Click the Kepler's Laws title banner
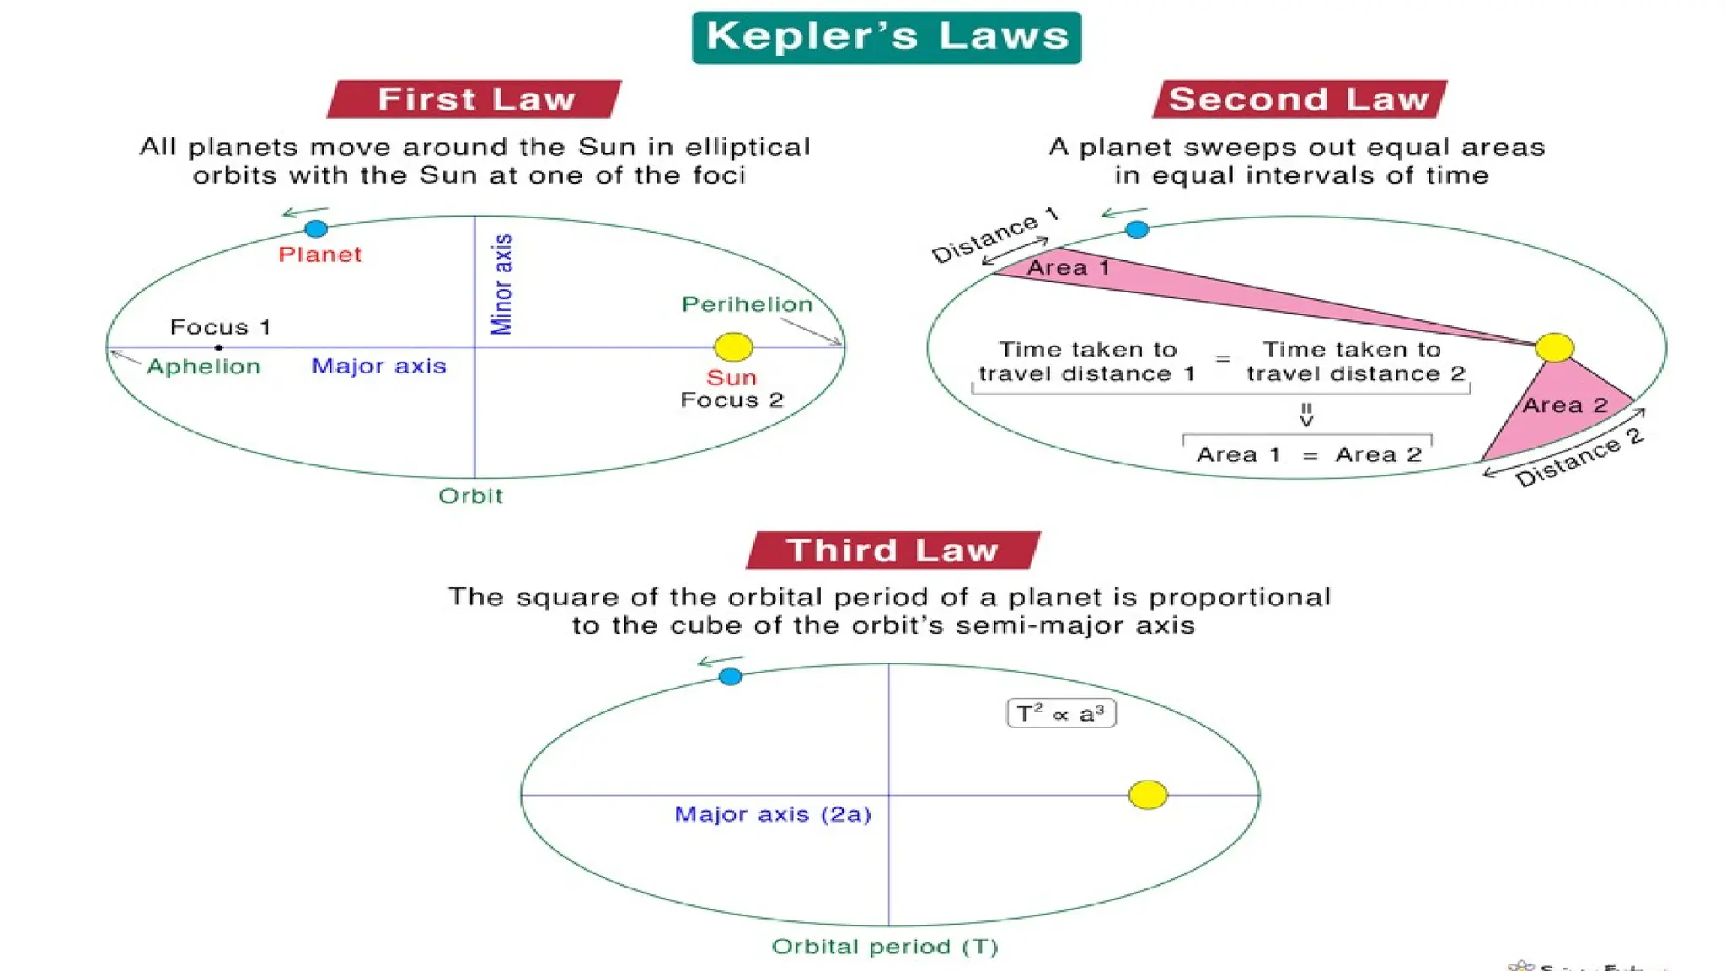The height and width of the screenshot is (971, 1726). pyautogui.click(x=887, y=37)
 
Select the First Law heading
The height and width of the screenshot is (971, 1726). pyautogui.click(x=475, y=99)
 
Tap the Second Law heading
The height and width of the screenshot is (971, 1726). pyautogui.click(x=1299, y=99)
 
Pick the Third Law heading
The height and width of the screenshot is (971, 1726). pyautogui.click(x=892, y=550)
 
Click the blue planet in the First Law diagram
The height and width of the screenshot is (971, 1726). pyautogui.click(x=316, y=228)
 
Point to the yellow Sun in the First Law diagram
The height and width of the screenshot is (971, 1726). pyautogui.click(x=733, y=346)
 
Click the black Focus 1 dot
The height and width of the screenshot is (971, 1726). pyautogui.click(x=218, y=347)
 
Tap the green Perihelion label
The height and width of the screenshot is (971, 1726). pyautogui.click(x=747, y=304)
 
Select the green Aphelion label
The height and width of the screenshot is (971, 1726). pyautogui.click(x=204, y=367)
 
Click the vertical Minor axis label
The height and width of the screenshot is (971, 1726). pyautogui.click(x=502, y=284)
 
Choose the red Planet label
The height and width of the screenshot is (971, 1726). pyautogui.click(x=320, y=255)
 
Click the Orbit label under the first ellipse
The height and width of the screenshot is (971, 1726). pyautogui.click(x=470, y=496)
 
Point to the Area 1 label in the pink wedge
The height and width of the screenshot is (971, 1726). pyautogui.click(x=1068, y=268)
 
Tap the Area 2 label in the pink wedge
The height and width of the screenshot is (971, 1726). pyautogui.click(x=1565, y=405)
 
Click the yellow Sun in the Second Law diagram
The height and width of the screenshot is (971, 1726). pyautogui.click(x=1554, y=347)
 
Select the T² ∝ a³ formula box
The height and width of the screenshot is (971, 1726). pyautogui.click(x=1061, y=714)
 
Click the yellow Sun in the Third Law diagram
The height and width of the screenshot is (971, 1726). pyautogui.click(x=1147, y=794)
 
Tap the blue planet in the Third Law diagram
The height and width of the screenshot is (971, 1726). pyautogui.click(x=731, y=676)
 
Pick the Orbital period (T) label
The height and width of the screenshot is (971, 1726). pyautogui.click(x=885, y=947)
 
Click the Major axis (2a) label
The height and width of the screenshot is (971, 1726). pyautogui.click(x=773, y=814)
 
